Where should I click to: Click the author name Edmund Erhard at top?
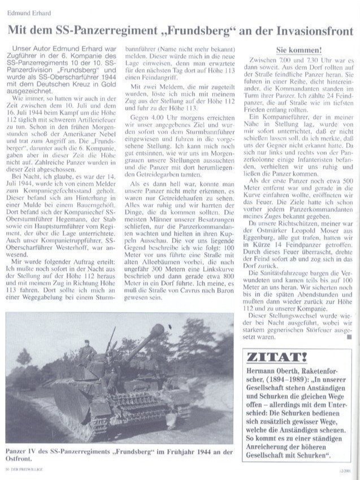coord(27,12)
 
